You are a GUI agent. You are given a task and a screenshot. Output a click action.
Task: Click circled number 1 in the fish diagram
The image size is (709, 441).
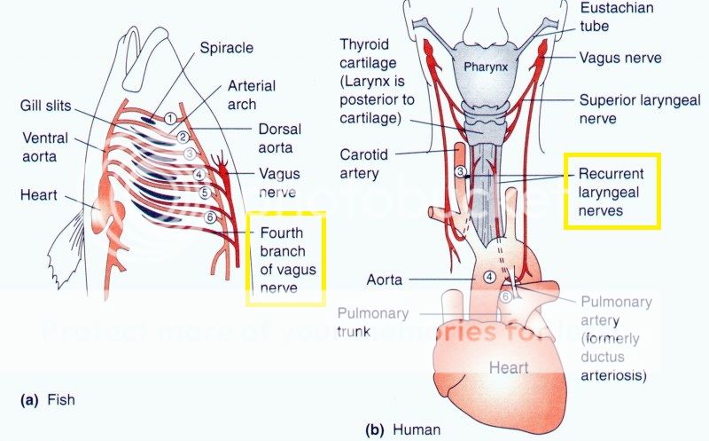point(170,118)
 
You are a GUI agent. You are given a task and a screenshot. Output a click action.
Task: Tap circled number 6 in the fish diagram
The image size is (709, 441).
point(210,217)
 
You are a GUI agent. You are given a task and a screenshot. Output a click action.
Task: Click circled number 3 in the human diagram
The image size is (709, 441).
point(460,171)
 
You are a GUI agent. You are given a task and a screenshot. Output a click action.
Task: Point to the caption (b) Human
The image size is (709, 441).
point(404,429)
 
